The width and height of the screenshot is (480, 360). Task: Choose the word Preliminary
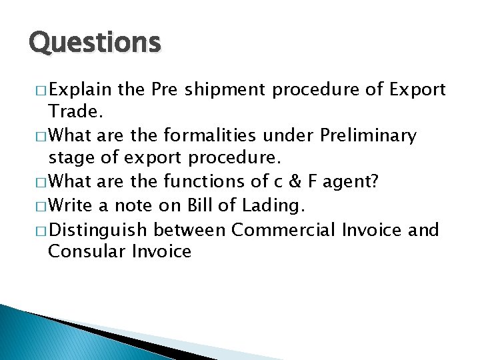(x=368, y=136)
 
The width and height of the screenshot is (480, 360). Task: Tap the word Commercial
(x=284, y=231)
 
